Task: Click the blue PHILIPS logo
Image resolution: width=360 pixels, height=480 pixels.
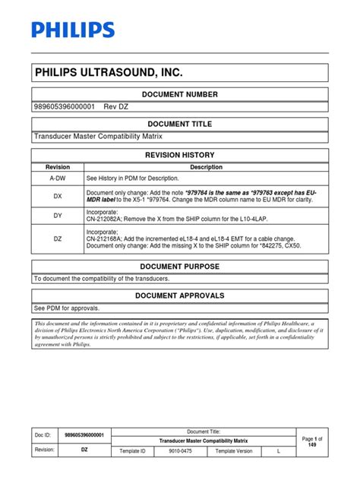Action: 74,30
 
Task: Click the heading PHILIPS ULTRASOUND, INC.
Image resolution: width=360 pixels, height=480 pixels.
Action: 109,73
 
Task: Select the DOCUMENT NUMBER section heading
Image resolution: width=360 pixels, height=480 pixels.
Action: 180,94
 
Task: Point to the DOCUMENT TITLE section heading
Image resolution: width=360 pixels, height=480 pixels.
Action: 180,124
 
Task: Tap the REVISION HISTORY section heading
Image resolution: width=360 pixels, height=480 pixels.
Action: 180,154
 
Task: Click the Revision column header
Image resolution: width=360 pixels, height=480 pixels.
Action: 58,167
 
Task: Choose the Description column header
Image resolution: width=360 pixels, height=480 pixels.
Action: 206,167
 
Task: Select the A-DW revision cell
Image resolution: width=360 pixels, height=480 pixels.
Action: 58,178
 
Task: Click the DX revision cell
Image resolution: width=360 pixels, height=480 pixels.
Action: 58,195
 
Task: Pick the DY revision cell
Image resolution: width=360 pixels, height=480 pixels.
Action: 58,216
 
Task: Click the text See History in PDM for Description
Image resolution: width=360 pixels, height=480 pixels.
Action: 131,178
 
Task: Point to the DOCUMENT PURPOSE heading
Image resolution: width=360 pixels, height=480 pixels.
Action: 180,267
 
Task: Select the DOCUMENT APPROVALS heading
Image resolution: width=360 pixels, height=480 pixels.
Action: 180,295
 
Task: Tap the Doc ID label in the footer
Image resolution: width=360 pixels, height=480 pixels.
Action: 44,435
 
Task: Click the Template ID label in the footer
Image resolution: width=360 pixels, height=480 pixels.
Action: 133,450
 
